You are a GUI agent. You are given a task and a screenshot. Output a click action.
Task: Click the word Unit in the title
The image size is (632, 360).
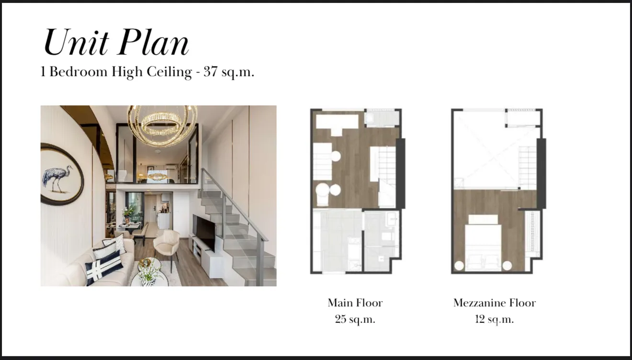point(76,42)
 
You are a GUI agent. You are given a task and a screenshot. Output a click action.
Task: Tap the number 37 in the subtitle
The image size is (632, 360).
point(211,71)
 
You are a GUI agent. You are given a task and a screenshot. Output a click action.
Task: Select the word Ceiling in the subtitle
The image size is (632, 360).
point(169,72)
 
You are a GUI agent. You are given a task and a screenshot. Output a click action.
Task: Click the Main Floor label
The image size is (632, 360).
point(355,303)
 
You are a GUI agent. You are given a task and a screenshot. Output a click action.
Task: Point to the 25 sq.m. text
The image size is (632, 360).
point(355,319)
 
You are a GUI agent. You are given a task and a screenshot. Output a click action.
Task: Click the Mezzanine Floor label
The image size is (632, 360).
point(495,303)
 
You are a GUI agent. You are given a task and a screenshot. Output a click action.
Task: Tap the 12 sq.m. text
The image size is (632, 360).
point(495,319)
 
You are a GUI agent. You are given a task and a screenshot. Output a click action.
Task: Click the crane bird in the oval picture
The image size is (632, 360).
point(57,178)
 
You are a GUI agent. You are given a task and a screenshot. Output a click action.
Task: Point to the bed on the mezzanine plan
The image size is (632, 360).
point(483,243)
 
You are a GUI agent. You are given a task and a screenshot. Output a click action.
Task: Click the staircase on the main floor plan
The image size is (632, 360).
point(386,176)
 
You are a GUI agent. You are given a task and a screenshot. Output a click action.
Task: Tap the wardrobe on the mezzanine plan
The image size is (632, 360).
point(532,234)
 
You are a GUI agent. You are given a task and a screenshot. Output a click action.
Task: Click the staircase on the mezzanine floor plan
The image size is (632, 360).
point(528,168)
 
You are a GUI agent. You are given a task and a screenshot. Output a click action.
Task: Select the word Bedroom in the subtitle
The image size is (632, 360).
point(79,71)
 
